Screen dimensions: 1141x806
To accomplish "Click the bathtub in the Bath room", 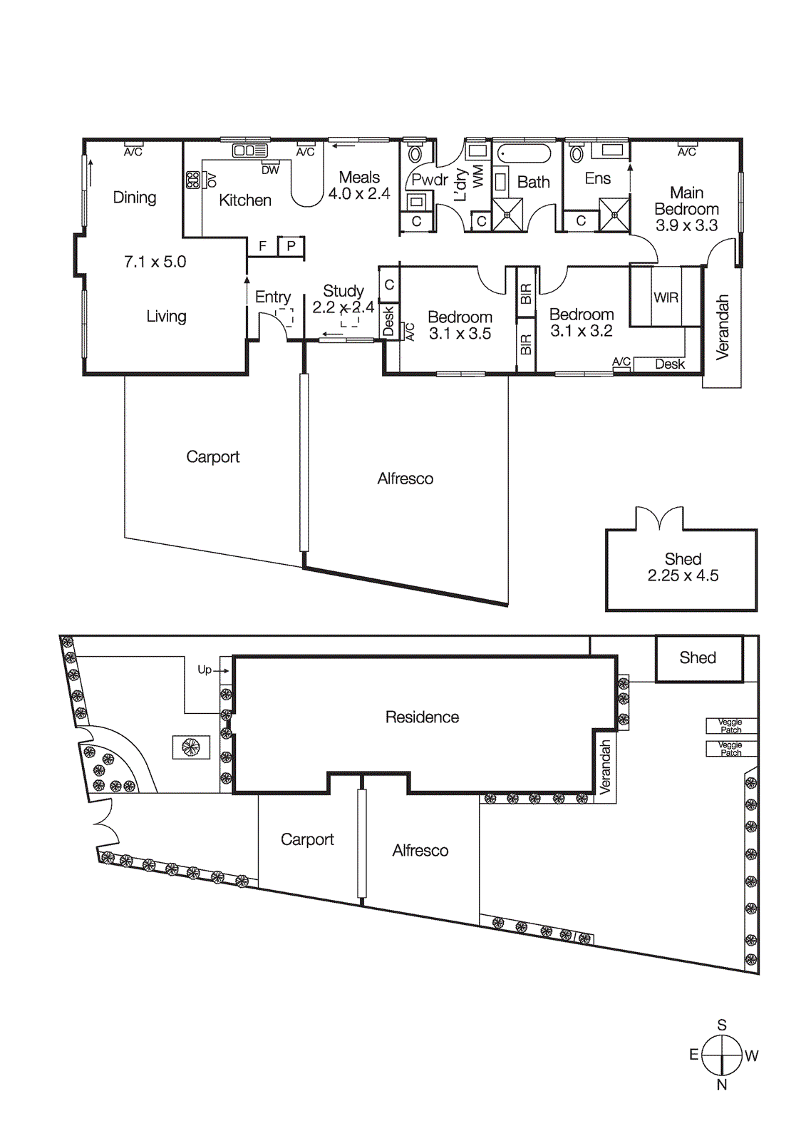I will tap(524, 153).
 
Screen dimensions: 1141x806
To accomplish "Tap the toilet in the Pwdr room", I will tap(415, 153).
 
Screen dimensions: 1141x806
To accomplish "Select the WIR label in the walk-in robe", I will tap(666, 297).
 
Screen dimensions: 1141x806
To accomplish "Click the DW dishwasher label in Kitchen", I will tap(270, 170).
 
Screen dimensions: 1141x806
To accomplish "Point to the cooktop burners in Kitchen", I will tap(193, 180).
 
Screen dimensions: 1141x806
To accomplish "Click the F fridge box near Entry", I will tap(262, 246).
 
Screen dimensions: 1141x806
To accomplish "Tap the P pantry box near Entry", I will tap(291, 246).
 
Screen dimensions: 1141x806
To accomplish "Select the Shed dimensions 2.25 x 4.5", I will tap(683, 576).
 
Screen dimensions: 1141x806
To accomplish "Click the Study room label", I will tap(343, 291).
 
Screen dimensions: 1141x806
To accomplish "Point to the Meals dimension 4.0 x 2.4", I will tap(359, 193).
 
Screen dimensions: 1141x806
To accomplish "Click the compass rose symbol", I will tap(722, 1055).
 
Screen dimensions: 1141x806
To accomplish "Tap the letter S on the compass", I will tap(722, 1025).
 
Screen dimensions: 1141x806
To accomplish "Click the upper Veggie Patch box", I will tap(730, 726).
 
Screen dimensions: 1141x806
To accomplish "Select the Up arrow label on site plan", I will tap(205, 670).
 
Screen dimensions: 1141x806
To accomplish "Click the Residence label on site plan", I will tap(422, 717).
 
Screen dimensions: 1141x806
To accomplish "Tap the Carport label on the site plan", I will tap(307, 840).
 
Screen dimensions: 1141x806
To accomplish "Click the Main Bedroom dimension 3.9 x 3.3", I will tap(686, 225).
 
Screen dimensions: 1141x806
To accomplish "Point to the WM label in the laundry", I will tap(478, 175).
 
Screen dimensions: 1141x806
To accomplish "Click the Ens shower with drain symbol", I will tap(614, 215).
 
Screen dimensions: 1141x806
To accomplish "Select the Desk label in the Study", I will tap(388, 321).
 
